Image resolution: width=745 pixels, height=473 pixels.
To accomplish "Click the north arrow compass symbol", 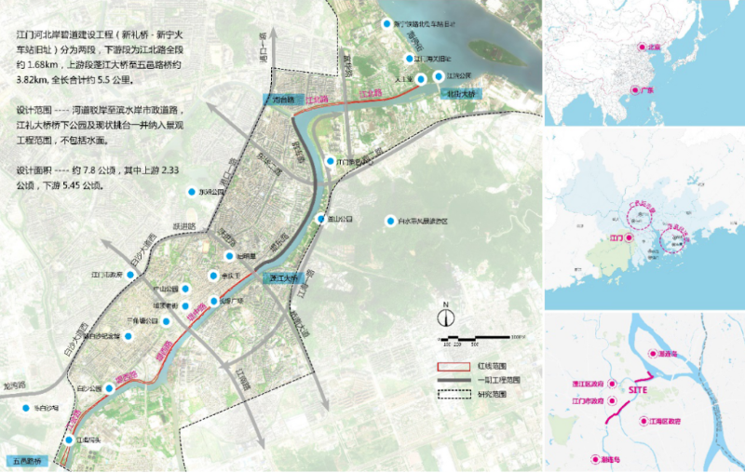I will (x=446, y=310).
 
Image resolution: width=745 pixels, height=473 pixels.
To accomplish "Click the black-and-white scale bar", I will (x=481, y=336).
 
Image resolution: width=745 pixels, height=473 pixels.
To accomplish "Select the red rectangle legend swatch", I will (x=452, y=367).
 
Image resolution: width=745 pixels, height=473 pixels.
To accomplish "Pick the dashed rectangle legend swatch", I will (x=452, y=394).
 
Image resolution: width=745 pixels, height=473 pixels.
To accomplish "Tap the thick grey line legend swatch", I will (x=452, y=380).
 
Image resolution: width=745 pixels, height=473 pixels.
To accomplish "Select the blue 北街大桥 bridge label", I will (x=460, y=94).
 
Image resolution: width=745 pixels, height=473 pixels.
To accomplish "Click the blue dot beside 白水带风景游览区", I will (x=390, y=221).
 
